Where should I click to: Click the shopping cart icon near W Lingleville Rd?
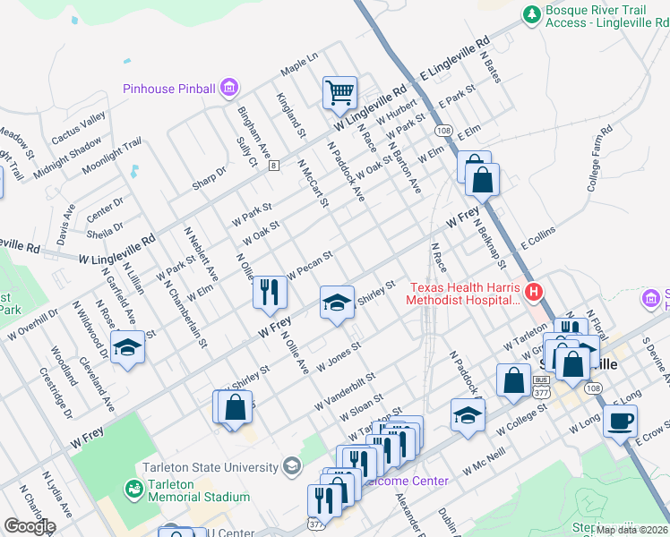339,91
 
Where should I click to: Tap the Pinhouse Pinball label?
169,89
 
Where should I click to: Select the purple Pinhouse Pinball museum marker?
229,88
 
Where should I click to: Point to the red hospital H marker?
534,292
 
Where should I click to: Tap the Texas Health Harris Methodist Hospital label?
465,294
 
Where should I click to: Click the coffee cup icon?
619,421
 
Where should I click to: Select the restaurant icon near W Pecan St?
269,291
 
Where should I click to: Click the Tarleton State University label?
210,467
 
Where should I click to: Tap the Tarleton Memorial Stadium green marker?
133,489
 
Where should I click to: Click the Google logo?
30,525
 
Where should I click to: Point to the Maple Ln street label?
299,61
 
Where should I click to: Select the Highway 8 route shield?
273,166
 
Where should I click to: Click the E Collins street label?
537,237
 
